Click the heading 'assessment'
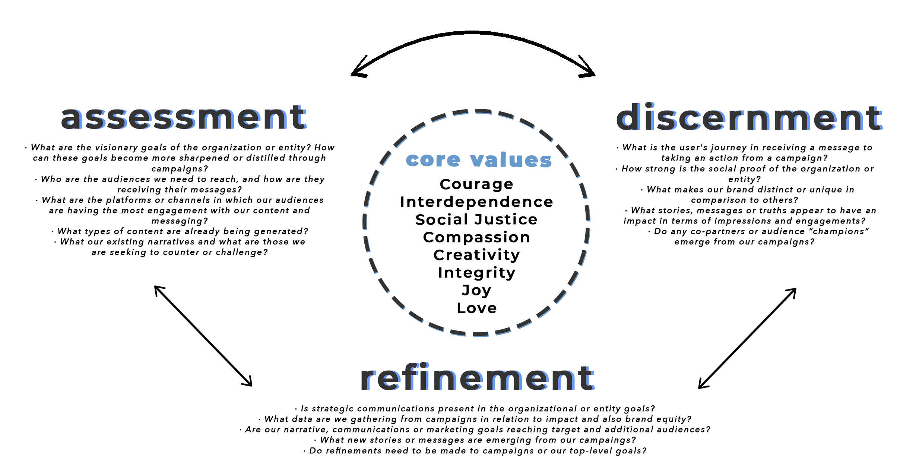pos(184,117)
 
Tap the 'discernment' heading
pos(749,117)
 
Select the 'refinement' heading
pos(477,378)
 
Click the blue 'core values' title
pos(479,160)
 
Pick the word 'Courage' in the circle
pos(476,184)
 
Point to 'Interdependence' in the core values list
pos(476,202)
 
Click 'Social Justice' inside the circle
pos(476,219)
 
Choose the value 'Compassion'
pos(476,237)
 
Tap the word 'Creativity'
pos(476,255)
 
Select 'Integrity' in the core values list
pos(476,273)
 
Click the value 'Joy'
pos(476,290)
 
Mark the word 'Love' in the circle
pos(476,308)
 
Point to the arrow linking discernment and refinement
pos(747,338)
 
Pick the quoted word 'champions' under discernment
pos(839,231)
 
